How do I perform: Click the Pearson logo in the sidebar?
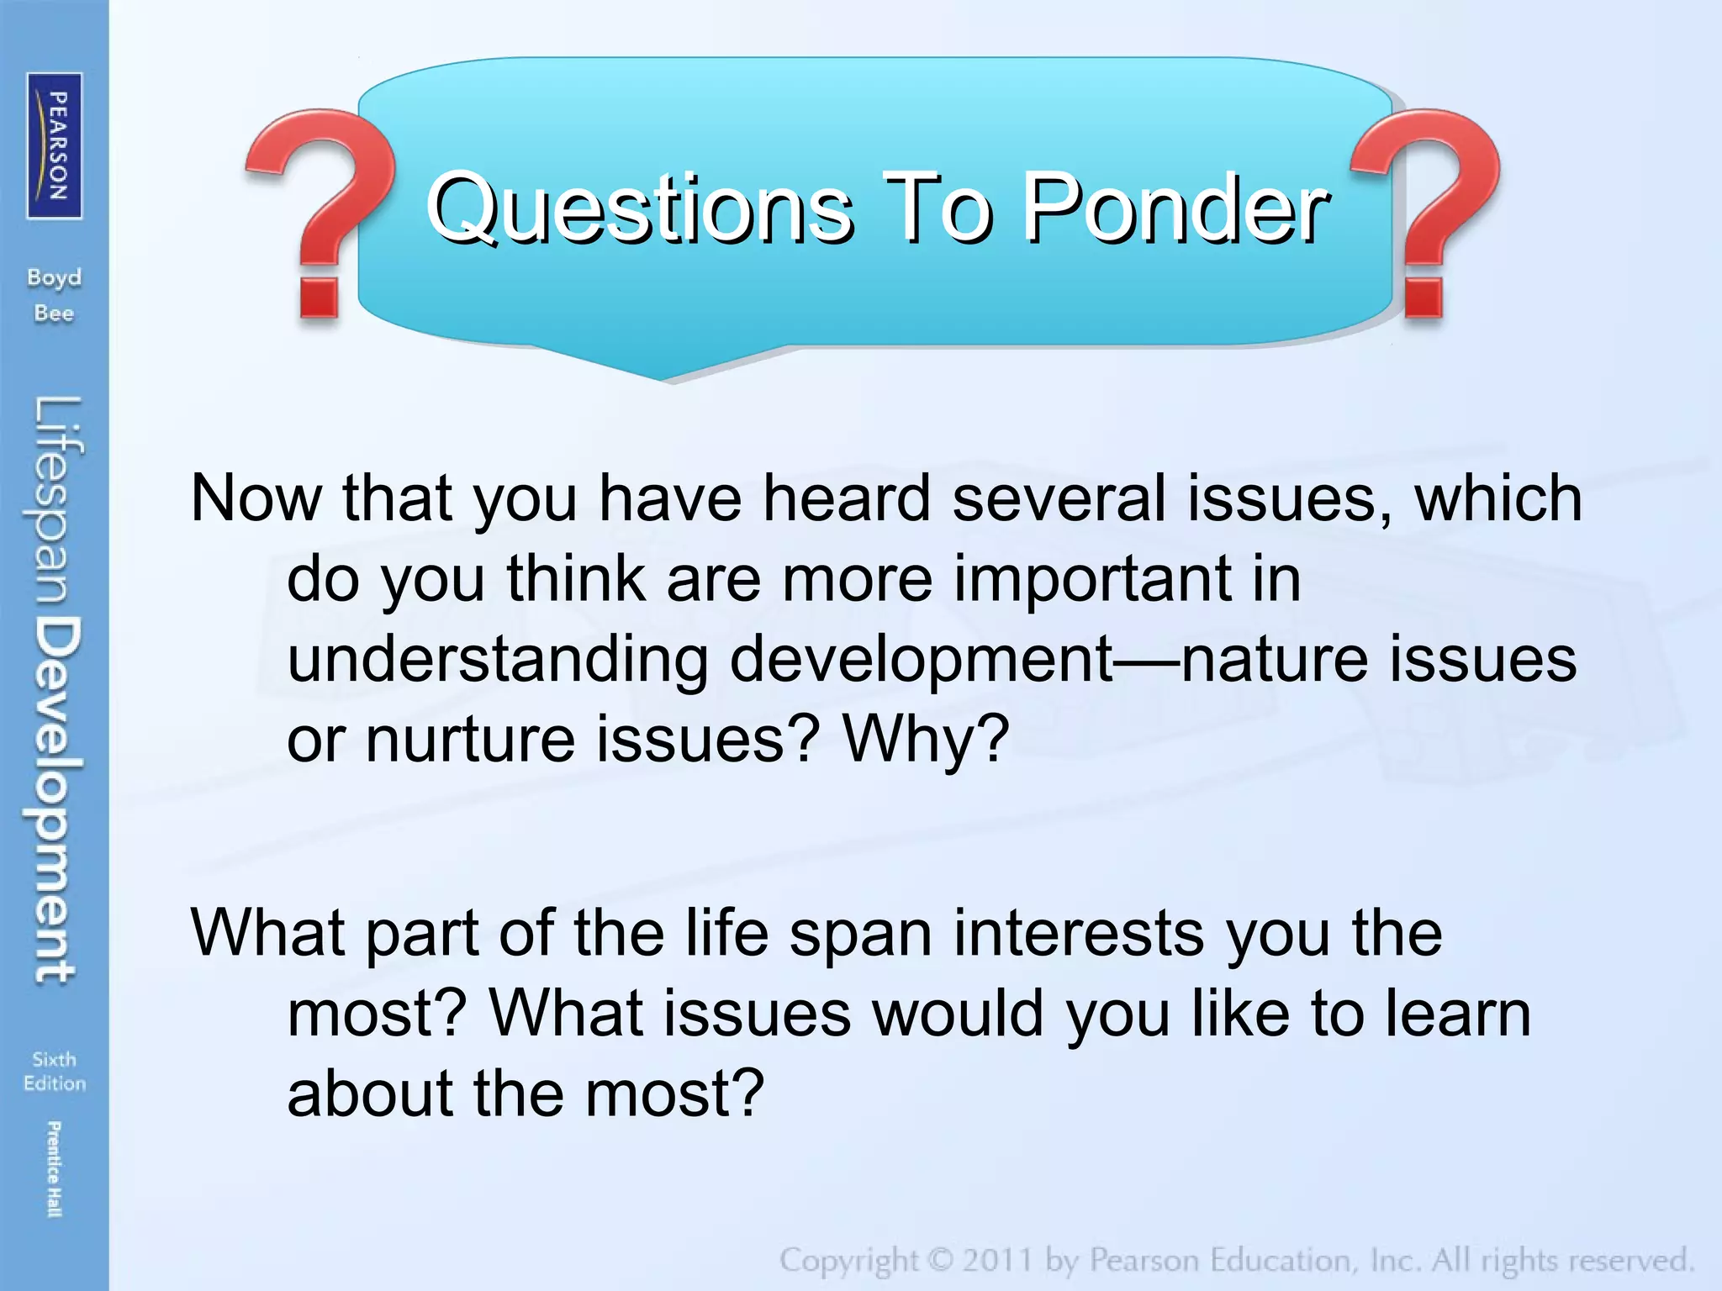click(x=55, y=145)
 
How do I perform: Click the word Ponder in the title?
click(x=1175, y=208)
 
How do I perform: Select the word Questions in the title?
click(x=639, y=208)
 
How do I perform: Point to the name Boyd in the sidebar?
click(x=54, y=277)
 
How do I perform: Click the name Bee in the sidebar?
click(x=54, y=314)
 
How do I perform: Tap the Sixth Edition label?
click(x=55, y=1071)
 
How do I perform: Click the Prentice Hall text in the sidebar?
click(x=54, y=1168)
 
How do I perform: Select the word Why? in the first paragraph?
click(x=925, y=738)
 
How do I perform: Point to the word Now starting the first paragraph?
click(x=256, y=498)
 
